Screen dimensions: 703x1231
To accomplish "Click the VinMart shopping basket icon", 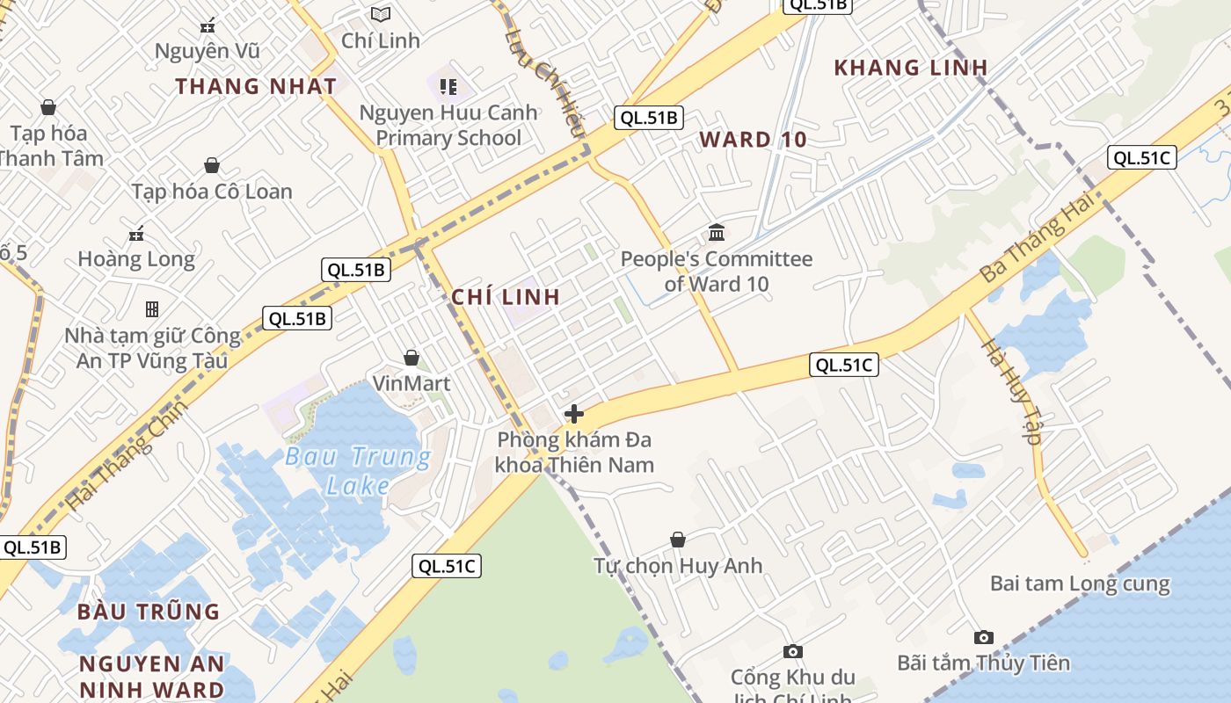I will point(411,358).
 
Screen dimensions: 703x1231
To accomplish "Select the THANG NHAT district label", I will point(256,86).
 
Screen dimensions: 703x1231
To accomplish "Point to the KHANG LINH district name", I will point(911,68).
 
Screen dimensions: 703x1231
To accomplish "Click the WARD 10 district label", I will point(753,140).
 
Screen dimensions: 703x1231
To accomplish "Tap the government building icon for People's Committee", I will point(717,233).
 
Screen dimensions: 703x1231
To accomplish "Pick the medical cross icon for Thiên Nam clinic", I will point(574,414).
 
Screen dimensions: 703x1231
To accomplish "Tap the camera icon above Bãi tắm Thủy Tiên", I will point(984,637).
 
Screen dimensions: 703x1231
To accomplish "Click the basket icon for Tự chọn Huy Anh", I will point(678,539).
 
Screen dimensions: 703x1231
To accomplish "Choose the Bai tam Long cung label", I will point(1080,583).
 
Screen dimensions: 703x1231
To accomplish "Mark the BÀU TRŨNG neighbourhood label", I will point(149,612).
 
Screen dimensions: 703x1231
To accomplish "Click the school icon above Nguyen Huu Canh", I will point(448,86).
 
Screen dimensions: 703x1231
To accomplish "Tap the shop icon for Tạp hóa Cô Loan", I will point(212,165).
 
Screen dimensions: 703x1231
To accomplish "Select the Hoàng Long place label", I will point(136,259).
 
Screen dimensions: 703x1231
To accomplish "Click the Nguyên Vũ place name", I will point(208,51).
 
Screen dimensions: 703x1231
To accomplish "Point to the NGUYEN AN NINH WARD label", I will point(152,677).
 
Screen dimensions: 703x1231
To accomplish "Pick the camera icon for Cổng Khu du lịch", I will point(793,651).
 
